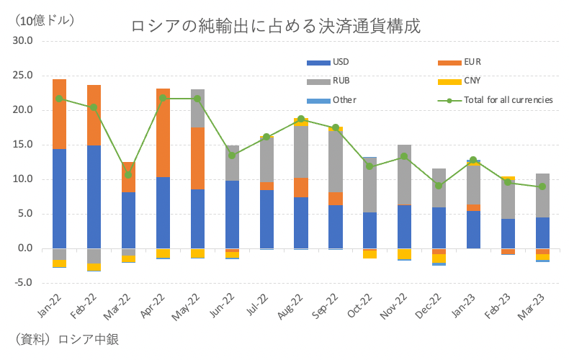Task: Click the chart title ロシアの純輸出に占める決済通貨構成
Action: (x=276, y=27)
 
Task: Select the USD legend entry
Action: (x=340, y=62)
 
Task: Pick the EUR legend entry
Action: (x=472, y=62)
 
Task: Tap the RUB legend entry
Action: (x=341, y=81)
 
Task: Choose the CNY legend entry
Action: (x=472, y=81)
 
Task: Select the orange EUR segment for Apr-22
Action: (x=163, y=132)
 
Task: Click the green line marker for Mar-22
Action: (x=128, y=174)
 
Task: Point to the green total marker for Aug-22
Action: (x=301, y=119)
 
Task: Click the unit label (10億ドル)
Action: (x=43, y=20)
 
